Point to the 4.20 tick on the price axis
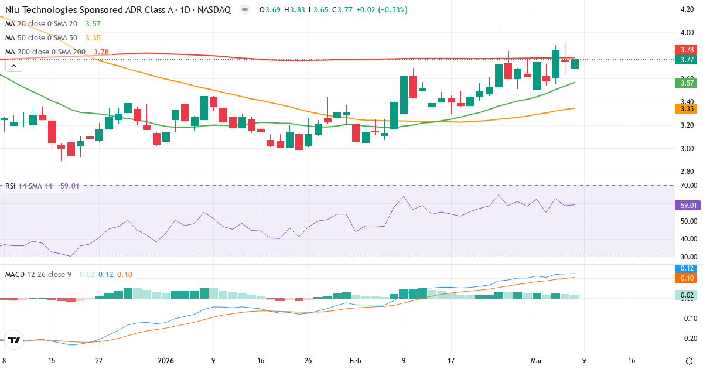(687, 10)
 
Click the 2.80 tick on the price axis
(687, 172)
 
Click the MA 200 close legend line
(45, 52)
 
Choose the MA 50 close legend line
(41, 38)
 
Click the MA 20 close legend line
(41, 24)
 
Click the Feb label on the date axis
(355, 361)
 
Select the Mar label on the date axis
(536, 361)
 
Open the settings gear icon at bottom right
(689, 361)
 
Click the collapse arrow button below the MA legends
(13, 66)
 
